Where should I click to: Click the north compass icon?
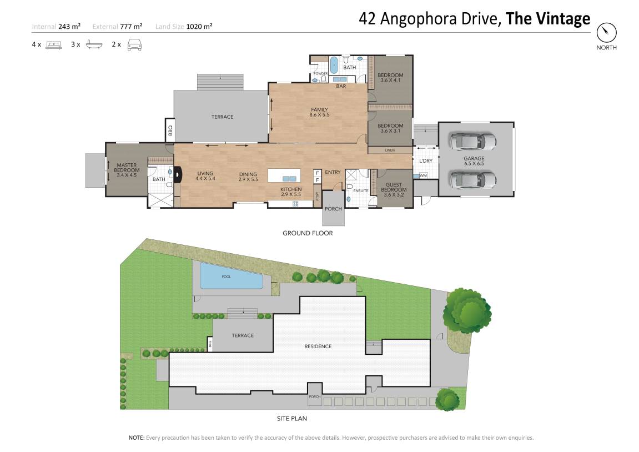(x=606, y=33)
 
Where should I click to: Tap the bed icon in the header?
(x=54, y=45)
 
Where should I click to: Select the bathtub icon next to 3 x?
(x=94, y=44)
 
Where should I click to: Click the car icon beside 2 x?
(x=134, y=45)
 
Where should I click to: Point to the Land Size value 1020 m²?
(x=199, y=27)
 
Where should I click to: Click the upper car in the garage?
(x=473, y=142)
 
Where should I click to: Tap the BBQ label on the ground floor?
(x=170, y=130)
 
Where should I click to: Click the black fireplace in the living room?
(x=178, y=174)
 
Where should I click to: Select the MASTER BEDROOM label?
(x=127, y=170)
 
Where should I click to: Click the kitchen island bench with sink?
(x=284, y=175)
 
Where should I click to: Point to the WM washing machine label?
(x=423, y=175)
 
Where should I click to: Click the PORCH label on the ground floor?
(x=333, y=209)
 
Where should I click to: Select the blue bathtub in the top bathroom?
(x=334, y=65)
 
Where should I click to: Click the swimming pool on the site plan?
(x=230, y=276)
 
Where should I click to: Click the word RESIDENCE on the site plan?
(x=318, y=346)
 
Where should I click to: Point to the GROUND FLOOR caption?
(x=308, y=233)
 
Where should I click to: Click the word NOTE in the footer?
(x=137, y=438)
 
